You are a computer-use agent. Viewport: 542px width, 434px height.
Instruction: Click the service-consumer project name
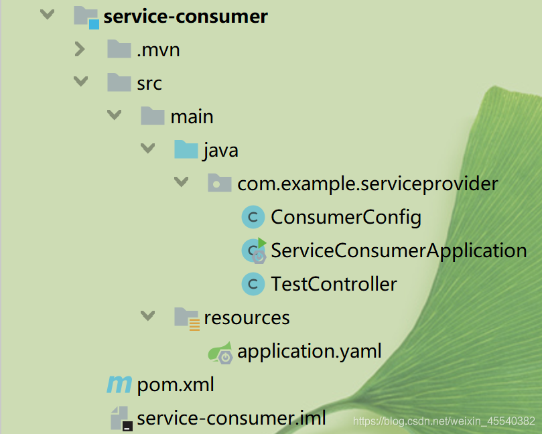click(x=186, y=17)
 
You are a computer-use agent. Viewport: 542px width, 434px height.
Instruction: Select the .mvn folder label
click(x=158, y=50)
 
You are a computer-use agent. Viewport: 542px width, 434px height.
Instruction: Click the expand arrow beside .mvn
click(x=80, y=49)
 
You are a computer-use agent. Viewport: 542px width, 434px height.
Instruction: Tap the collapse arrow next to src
click(x=80, y=82)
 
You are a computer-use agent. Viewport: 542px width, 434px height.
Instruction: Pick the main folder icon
click(x=153, y=115)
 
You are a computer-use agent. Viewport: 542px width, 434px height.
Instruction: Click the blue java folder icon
click(x=186, y=149)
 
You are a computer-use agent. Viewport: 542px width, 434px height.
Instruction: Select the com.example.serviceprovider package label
click(x=368, y=184)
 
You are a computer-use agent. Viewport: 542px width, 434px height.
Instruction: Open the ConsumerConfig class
click(x=346, y=218)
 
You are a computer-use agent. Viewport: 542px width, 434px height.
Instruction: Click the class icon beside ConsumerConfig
click(x=253, y=218)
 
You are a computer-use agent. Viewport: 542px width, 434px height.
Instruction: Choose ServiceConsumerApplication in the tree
click(x=399, y=251)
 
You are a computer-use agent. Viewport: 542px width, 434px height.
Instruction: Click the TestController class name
click(x=334, y=284)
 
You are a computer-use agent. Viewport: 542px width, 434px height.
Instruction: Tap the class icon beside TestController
click(x=253, y=284)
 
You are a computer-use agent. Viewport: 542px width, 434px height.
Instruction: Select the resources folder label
click(x=247, y=318)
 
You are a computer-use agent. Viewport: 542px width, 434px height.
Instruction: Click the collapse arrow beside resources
click(x=147, y=315)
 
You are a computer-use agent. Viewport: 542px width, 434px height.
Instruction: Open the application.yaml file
click(x=310, y=351)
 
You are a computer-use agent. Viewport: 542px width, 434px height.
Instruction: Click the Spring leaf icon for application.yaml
click(x=220, y=352)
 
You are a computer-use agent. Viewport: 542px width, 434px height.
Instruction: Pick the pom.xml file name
click(x=176, y=384)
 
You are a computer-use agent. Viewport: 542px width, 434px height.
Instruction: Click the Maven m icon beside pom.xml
click(x=119, y=384)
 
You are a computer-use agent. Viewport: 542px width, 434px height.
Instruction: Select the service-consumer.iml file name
click(x=232, y=418)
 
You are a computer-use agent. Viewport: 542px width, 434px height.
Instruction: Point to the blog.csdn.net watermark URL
click(x=444, y=421)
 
